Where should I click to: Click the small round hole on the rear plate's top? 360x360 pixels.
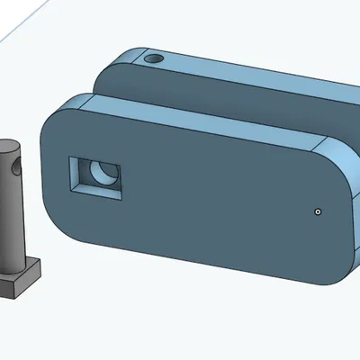pos(154,58)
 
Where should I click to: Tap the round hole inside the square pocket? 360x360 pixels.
pos(107,172)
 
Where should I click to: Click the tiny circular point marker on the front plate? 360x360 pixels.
pos(318,212)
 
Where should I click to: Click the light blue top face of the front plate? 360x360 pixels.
pos(198,122)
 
